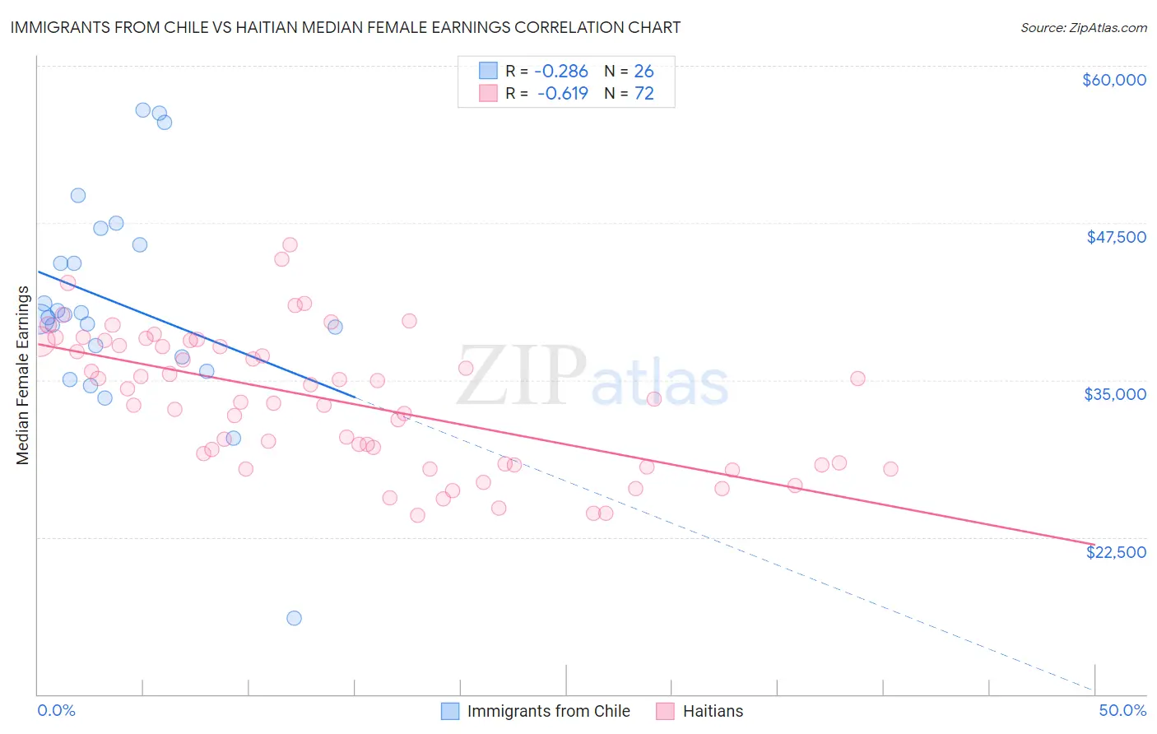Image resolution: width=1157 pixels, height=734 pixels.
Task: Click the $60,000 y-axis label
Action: tap(1113, 80)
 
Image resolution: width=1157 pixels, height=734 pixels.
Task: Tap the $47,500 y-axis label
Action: tap(1116, 237)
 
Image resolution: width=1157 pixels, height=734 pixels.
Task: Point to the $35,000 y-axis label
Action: tap(1115, 394)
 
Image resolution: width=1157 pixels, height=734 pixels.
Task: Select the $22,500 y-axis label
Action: tap(1116, 552)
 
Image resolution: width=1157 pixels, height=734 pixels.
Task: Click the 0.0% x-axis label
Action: tap(56, 710)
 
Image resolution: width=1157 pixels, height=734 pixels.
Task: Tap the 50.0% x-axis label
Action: tap(1122, 710)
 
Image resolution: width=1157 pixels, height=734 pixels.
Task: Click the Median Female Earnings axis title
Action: tap(23, 375)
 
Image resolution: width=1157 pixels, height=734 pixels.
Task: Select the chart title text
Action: tap(345, 27)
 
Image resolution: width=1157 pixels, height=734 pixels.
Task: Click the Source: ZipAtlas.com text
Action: tap(1083, 27)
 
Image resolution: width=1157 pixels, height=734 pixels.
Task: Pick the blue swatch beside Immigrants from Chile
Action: tap(450, 711)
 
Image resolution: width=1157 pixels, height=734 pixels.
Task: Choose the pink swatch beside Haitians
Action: tap(666, 711)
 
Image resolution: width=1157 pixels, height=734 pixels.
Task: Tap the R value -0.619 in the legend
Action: tap(564, 93)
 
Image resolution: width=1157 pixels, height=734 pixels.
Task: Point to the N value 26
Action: tap(644, 71)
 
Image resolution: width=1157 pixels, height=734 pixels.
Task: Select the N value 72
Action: tap(644, 93)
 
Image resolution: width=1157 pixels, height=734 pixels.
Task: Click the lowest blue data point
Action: tap(294, 618)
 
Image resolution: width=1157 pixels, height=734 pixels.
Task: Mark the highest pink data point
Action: tap(290, 244)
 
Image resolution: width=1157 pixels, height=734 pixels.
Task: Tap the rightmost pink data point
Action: tap(890, 469)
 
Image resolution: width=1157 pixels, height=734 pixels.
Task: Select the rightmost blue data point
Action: tap(335, 327)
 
